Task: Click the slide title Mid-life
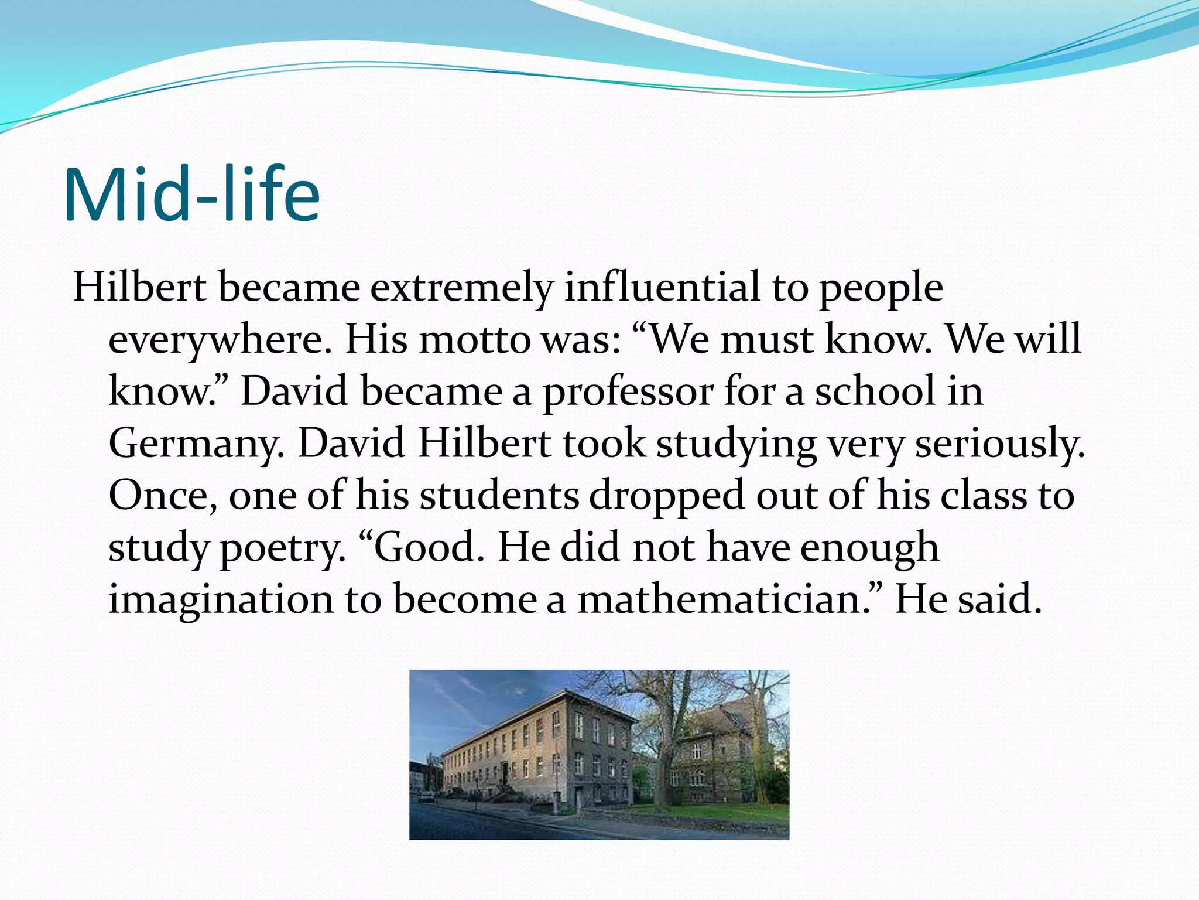[191, 195]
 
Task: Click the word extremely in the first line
[461, 288]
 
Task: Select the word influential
[662, 287]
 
